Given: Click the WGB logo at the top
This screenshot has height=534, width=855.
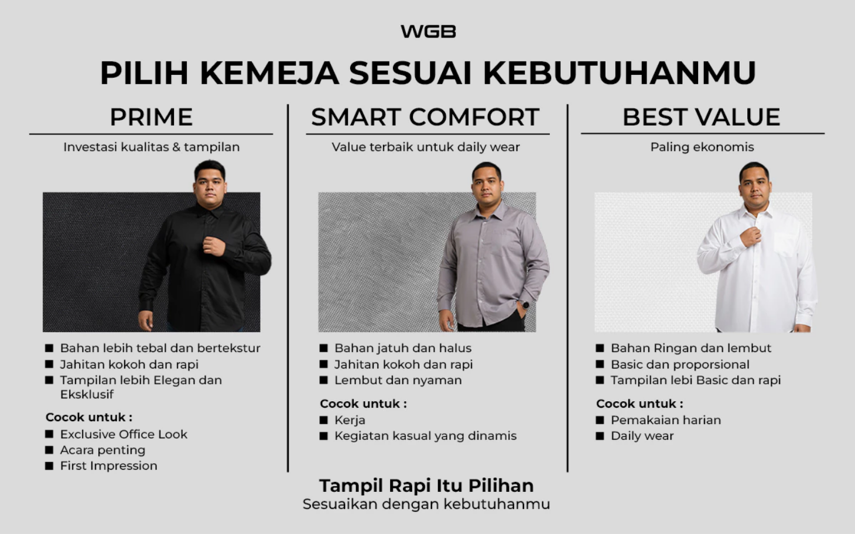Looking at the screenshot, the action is click(428, 31).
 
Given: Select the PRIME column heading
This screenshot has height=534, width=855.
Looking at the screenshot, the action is click(151, 117).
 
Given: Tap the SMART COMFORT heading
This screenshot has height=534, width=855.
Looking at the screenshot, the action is click(425, 117).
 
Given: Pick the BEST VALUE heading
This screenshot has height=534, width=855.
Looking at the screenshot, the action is click(702, 117).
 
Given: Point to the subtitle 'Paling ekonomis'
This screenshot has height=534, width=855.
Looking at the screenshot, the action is click(702, 147).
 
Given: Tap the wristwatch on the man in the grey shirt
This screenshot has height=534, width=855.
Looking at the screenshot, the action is click(525, 305).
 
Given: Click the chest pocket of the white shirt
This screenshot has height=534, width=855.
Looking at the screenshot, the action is click(784, 244).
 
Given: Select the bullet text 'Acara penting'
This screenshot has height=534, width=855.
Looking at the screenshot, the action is click(102, 450).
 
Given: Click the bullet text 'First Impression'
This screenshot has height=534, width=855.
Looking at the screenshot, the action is click(109, 466).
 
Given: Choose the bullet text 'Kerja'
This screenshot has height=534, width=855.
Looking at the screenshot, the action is click(350, 420).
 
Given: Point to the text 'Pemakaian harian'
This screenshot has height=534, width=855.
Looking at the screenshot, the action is click(666, 420).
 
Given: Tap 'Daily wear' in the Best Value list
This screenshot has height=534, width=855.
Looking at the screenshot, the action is click(642, 436).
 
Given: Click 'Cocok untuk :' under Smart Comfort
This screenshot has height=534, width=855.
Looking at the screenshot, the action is click(363, 404).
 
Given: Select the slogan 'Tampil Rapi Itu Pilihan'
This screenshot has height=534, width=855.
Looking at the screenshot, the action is click(426, 485).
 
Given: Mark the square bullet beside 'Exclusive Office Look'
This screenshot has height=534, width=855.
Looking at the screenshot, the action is click(49, 434).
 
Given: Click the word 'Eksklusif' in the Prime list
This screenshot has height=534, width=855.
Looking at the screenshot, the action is click(87, 394).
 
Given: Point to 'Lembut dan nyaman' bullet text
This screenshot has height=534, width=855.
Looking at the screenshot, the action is click(398, 380).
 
